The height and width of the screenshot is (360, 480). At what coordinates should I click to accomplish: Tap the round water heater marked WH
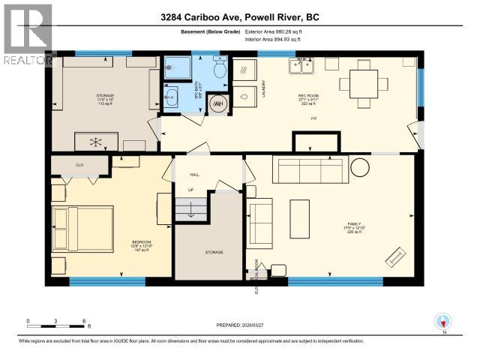tap(218, 104)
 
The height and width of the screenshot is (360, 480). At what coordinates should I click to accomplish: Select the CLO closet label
tap(79, 163)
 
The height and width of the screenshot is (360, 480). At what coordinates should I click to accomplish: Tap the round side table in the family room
tap(360, 166)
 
